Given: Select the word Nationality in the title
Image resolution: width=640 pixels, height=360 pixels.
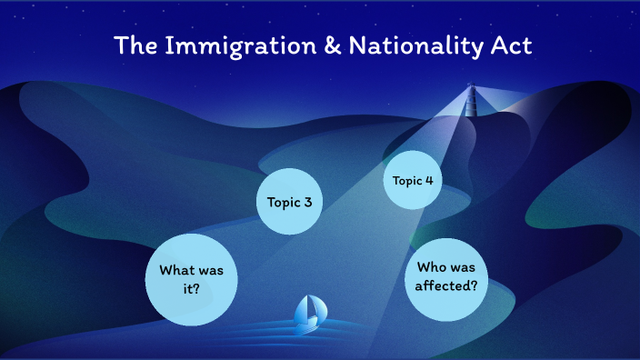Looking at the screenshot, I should point(396,45).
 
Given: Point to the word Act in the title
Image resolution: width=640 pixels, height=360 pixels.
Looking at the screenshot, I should point(501,45).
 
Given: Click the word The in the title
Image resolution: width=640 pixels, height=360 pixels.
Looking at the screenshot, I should point(135,45).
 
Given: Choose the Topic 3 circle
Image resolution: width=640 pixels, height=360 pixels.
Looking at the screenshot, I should point(290,202).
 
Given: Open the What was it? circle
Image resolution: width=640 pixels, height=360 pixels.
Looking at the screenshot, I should point(192,279).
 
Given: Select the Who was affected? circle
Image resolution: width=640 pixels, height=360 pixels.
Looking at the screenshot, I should point(446,275).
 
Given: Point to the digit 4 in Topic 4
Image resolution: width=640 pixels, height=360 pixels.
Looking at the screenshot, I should point(427,180).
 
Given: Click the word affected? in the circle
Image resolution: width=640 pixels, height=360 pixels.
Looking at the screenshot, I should point(446,285).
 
